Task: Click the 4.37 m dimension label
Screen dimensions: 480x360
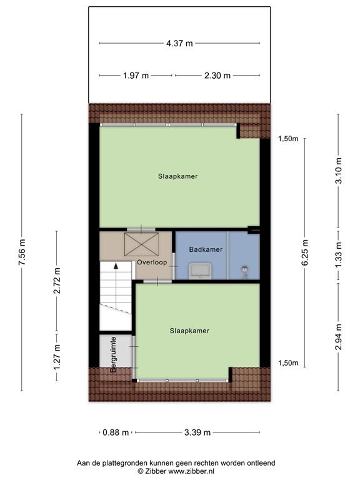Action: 179,43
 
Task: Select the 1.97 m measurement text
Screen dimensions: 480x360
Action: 136,76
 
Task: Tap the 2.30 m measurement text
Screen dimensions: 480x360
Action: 217,76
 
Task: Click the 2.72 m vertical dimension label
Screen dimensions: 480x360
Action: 57,281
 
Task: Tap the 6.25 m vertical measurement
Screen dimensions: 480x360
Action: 305,252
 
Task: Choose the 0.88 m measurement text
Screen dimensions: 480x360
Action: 116,432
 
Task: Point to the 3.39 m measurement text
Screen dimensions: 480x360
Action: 197,432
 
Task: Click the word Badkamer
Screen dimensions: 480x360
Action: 206,249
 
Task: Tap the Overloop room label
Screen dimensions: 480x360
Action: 152,262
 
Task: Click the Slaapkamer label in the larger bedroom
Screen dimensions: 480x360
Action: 177,176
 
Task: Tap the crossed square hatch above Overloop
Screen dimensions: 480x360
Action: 141,242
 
